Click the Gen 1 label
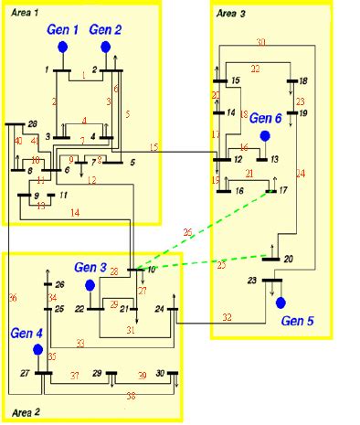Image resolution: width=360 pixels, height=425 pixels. point(64,30)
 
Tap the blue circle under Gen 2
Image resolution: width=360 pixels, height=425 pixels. point(106,47)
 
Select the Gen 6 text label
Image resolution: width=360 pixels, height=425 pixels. point(266,119)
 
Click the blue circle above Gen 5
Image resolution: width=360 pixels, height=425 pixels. point(281,303)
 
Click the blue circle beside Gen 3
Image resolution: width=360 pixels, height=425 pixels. point(91,286)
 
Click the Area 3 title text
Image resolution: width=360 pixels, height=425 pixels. point(232,14)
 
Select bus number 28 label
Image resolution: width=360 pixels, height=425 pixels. point(31,124)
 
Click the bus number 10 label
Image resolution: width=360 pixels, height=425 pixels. point(151,270)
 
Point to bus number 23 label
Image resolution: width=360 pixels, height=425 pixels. point(253,280)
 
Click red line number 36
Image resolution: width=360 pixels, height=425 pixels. point(12,298)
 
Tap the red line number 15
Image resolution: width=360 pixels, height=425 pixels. point(154,147)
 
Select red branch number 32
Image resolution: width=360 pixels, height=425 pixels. point(227,317)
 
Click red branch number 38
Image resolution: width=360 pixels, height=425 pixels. point(132,397)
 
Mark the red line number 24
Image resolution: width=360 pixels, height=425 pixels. point(301,173)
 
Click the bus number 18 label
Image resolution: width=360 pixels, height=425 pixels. point(303,81)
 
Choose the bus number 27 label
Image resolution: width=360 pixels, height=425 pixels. point(26,374)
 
